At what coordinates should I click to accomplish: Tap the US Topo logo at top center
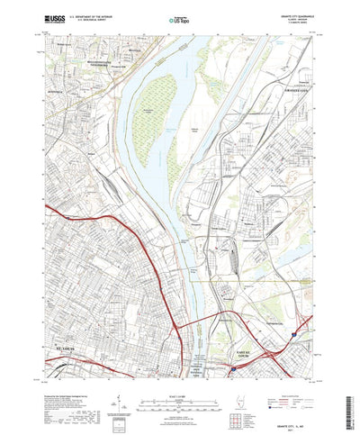(180, 17)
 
